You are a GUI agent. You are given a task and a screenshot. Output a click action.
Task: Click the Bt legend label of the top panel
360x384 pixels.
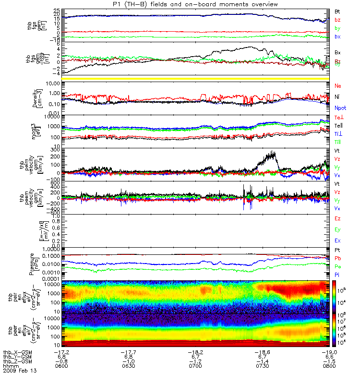tap(337, 10)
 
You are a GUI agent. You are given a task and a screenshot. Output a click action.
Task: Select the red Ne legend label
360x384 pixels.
tap(337, 85)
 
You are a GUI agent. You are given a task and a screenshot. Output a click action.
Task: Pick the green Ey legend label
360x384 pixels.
tap(337, 229)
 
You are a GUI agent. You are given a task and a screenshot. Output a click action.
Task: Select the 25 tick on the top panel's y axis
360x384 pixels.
tap(57, 10)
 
